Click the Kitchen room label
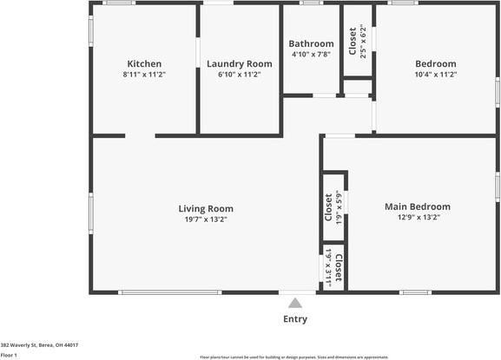[x=144, y=63]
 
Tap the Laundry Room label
[x=239, y=63]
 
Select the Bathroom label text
[x=311, y=43]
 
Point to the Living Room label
[x=206, y=208]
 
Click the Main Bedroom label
[x=418, y=206]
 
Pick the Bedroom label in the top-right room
[x=435, y=63]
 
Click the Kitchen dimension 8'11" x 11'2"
[x=144, y=75]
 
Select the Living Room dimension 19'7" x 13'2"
[x=206, y=219]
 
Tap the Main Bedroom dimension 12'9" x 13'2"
[x=418, y=218]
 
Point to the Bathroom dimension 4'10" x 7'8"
[x=311, y=55]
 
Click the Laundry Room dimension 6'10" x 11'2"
[x=239, y=75]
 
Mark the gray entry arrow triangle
[x=295, y=303]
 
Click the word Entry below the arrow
[x=295, y=319]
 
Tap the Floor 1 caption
[x=10, y=355]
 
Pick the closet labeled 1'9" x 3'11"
[x=333, y=268]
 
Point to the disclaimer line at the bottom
[x=293, y=357]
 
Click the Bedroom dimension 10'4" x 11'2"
[x=435, y=75]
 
